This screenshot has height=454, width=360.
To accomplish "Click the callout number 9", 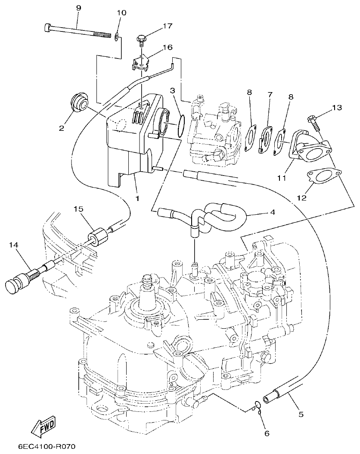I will (x=78, y=8).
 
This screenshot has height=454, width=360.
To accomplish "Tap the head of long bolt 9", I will (x=48, y=29).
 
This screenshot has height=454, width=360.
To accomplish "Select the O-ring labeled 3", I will (x=182, y=126).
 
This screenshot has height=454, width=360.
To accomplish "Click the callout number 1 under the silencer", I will (x=137, y=198).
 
